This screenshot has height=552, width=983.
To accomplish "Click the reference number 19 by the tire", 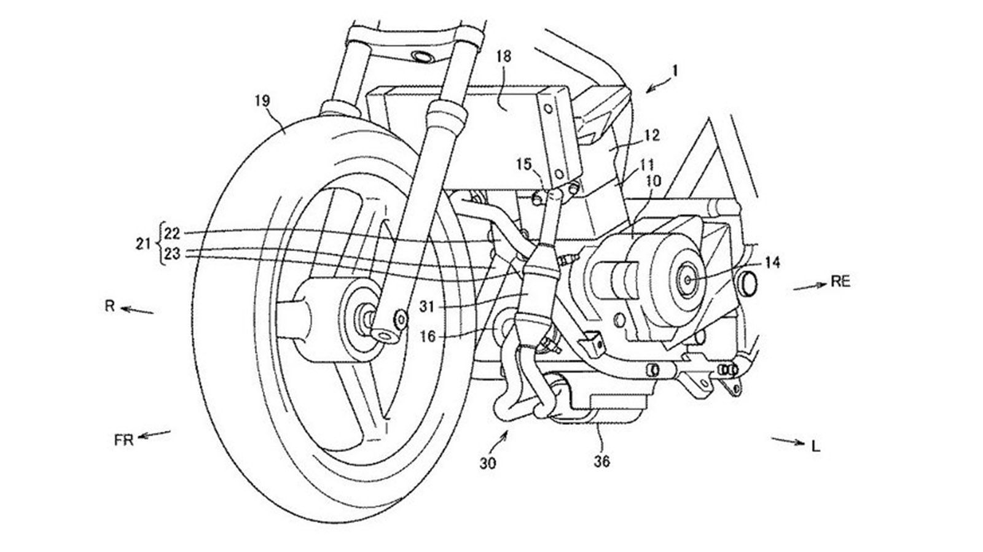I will (x=262, y=100).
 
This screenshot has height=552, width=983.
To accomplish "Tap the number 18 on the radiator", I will (x=503, y=57).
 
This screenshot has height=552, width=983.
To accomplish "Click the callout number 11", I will (x=648, y=165).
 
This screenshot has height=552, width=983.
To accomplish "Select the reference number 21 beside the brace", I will (x=143, y=244).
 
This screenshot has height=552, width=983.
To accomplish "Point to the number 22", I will (x=172, y=233).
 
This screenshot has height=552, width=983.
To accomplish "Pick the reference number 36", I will (x=602, y=460).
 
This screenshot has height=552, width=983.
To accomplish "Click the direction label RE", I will (x=840, y=281).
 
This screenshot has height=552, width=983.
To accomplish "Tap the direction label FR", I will (x=124, y=440).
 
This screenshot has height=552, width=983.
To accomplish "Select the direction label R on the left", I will (x=110, y=306).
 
